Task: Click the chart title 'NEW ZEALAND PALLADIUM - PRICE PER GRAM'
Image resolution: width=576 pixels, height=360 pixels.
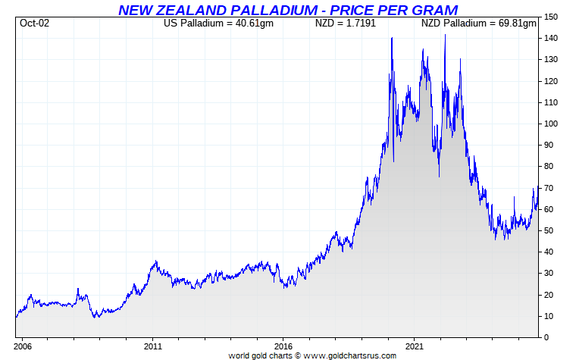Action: point(288,10)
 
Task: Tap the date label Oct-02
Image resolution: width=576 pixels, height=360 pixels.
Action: point(33,23)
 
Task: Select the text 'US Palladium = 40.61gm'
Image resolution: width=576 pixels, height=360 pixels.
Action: point(218,23)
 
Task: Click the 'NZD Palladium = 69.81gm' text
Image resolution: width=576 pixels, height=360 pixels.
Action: point(479,23)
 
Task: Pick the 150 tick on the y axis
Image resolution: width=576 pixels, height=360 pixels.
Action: point(552,17)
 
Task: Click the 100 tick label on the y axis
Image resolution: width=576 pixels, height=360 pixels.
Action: point(552,124)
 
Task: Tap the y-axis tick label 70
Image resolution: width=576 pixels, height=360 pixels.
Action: point(549,188)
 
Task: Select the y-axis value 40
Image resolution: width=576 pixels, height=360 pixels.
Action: point(549,252)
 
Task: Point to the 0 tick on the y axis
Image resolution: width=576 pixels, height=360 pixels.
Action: point(547,337)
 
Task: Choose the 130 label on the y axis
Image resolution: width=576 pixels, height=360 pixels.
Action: point(552,60)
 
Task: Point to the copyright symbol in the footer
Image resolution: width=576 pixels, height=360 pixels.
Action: point(298,355)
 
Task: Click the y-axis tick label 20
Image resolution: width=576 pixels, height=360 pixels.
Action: point(549,295)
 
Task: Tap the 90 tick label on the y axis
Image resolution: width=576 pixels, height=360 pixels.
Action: point(549,145)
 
